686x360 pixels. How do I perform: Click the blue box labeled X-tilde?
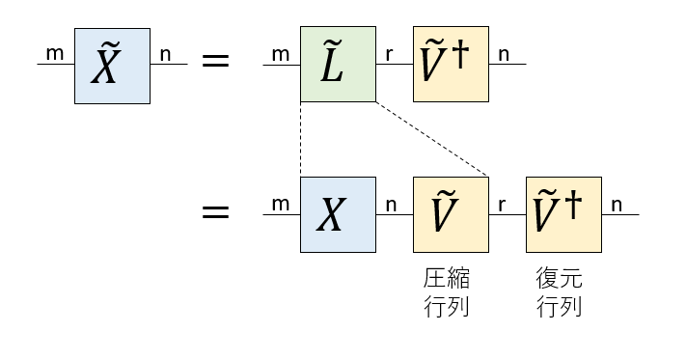click(112, 65)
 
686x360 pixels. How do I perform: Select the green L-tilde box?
click(338, 65)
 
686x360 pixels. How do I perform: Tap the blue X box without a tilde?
click(338, 214)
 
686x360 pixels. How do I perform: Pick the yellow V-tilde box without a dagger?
click(451, 214)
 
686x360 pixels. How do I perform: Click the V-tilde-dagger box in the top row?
click(451, 65)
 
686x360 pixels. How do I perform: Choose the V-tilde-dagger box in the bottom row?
click(563, 214)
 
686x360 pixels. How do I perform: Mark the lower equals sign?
click(214, 211)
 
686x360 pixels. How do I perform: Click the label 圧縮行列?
click(447, 293)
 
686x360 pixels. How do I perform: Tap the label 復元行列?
click(560, 293)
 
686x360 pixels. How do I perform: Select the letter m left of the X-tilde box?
click(55, 53)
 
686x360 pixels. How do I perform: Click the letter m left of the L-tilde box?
click(281, 53)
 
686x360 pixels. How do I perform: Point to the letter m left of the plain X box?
click(281, 204)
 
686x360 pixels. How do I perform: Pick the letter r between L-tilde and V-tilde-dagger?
click(389, 54)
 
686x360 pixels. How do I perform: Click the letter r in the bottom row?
click(502, 205)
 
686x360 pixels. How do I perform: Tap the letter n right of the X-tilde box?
click(165, 54)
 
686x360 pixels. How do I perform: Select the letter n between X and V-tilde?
click(392, 205)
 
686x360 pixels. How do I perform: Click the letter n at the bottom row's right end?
click(617, 205)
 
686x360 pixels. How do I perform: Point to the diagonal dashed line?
click(434, 140)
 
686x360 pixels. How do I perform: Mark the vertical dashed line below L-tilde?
click(301, 140)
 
